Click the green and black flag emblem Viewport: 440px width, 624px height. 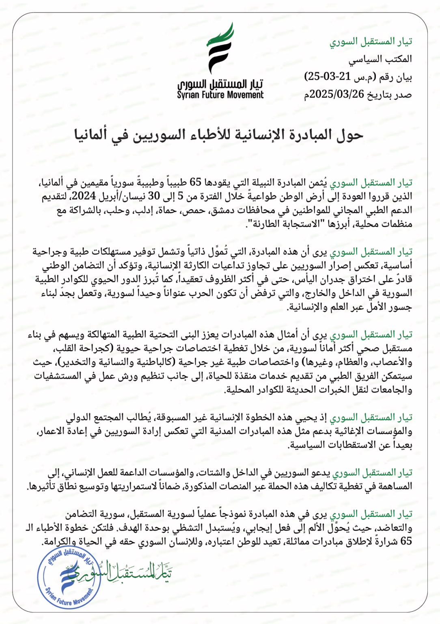(x=220, y=48)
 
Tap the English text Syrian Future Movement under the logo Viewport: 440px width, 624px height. (x=220, y=95)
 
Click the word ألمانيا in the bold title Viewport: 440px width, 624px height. (x=91, y=134)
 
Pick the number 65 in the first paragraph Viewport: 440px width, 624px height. (x=196, y=182)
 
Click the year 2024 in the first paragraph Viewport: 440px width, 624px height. (x=84, y=196)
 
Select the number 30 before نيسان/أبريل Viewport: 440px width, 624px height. (x=154, y=196)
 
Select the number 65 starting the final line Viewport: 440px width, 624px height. (x=406, y=542)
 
